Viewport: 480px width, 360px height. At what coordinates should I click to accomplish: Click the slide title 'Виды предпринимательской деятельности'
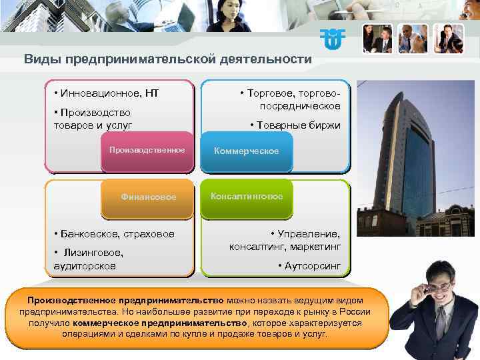pos(167,59)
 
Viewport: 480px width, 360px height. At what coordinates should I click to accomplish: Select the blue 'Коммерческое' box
pos(246,151)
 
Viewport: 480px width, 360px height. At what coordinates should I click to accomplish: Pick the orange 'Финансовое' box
pos(148,197)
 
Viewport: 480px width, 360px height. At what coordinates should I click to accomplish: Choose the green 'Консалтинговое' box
pos(247,197)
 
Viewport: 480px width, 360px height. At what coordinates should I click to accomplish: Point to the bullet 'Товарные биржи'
pos(297,125)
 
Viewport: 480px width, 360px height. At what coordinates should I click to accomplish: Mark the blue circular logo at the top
pos(332,39)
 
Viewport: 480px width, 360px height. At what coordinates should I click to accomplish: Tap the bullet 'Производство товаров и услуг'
pos(93,119)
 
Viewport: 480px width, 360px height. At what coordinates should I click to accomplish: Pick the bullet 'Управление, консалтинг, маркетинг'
pos(287,240)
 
